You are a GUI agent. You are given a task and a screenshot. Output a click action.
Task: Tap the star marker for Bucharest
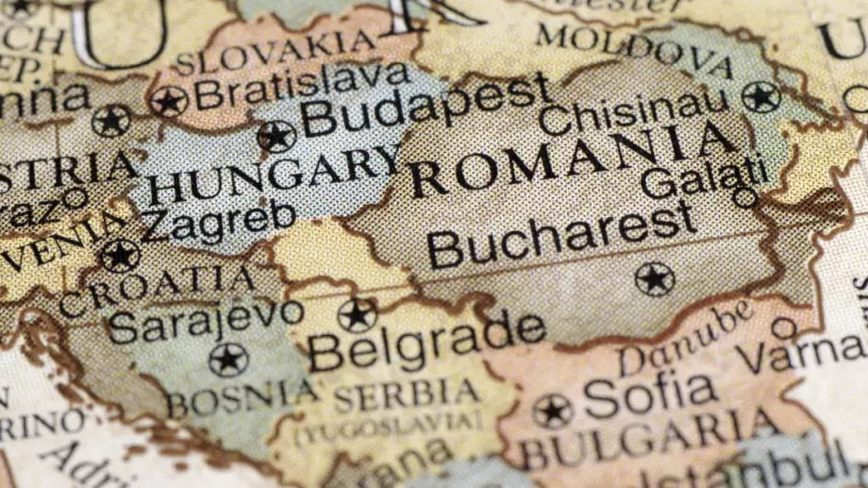[654, 278]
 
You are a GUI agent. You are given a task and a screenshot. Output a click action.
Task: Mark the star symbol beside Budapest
[276, 137]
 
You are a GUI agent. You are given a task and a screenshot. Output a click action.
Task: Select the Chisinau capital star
[760, 96]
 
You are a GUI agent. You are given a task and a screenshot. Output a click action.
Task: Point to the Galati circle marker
[744, 197]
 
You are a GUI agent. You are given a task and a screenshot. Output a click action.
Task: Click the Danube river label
[686, 338]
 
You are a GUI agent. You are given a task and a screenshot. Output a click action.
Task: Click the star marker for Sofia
[552, 411]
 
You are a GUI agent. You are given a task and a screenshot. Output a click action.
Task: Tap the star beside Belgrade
[358, 315]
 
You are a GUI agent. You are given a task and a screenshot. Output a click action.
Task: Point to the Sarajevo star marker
[227, 360]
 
